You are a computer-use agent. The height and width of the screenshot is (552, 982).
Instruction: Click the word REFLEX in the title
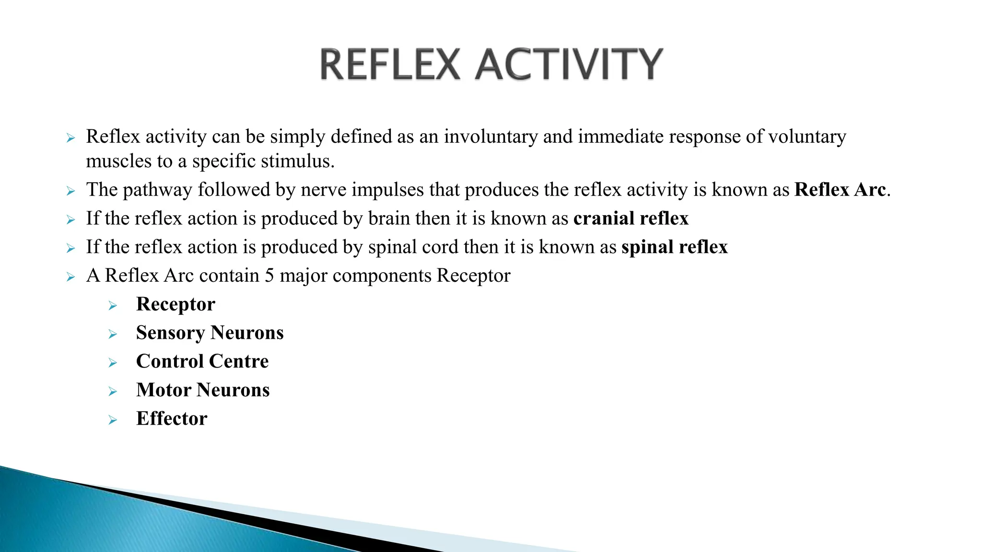click(x=390, y=65)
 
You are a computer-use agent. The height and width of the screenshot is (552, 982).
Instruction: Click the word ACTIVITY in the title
click(x=569, y=65)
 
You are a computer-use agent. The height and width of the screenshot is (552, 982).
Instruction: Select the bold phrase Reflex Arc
click(x=840, y=190)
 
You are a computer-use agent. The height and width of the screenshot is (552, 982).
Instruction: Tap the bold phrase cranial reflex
click(x=631, y=218)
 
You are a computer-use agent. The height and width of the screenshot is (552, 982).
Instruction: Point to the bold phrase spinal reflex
click(x=674, y=247)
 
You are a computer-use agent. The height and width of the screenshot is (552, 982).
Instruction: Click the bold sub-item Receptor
click(x=175, y=304)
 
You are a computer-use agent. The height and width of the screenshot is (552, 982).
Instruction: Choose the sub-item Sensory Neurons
click(x=210, y=333)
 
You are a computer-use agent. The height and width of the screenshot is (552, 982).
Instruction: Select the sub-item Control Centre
click(x=202, y=361)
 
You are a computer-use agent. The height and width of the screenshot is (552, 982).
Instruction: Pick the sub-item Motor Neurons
click(x=203, y=390)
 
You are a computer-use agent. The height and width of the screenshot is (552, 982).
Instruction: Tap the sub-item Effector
click(x=172, y=419)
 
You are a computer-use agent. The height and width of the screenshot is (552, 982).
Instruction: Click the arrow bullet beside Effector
click(x=113, y=420)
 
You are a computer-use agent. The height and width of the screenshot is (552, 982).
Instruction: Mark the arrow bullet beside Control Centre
click(x=113, y=363)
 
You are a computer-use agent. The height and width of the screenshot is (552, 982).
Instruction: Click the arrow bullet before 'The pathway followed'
click(x=71, y=192)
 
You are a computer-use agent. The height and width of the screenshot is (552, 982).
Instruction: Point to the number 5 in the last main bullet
click(x=269, y=276)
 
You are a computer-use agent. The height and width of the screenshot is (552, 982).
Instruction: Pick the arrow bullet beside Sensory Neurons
click(x=113, y=334)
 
